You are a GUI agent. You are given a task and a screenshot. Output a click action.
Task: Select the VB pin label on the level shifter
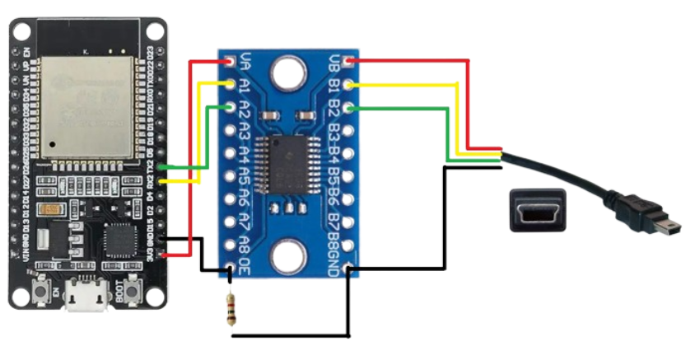333,61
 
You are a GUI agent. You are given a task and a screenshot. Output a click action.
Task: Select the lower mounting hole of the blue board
289,258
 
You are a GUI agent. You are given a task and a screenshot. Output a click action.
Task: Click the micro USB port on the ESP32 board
85,297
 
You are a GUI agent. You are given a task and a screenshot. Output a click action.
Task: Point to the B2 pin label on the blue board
333,108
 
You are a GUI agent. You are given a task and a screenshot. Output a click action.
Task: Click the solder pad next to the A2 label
230,108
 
